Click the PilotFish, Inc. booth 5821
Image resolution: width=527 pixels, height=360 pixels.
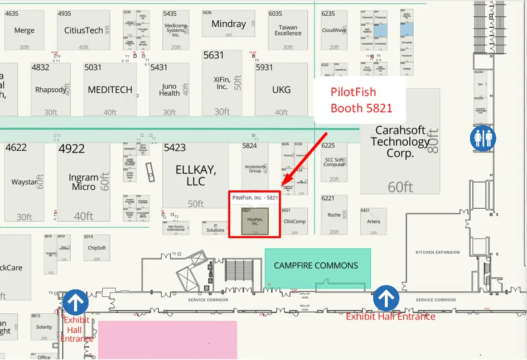255,221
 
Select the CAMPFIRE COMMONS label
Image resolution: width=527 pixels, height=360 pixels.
316,266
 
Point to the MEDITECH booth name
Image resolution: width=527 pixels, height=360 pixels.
110,89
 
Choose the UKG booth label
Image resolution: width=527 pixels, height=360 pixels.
281,89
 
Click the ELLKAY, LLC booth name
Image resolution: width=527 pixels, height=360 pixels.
196,175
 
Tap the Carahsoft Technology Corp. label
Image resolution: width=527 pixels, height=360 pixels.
400,142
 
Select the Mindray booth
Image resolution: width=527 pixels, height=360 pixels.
229,24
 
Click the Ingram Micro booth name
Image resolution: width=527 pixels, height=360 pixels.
84,182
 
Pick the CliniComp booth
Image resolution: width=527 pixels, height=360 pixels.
294,221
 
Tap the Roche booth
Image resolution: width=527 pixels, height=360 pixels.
334,215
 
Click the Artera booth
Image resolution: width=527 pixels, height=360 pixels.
373,222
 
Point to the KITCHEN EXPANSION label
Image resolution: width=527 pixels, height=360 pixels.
438,252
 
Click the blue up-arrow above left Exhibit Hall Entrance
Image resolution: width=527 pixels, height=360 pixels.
75,302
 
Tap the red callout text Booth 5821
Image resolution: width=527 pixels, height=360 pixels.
361,108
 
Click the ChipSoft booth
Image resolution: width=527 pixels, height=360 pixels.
96,248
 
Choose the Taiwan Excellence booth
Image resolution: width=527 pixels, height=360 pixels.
288,30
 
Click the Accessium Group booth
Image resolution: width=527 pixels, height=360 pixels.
255,168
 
